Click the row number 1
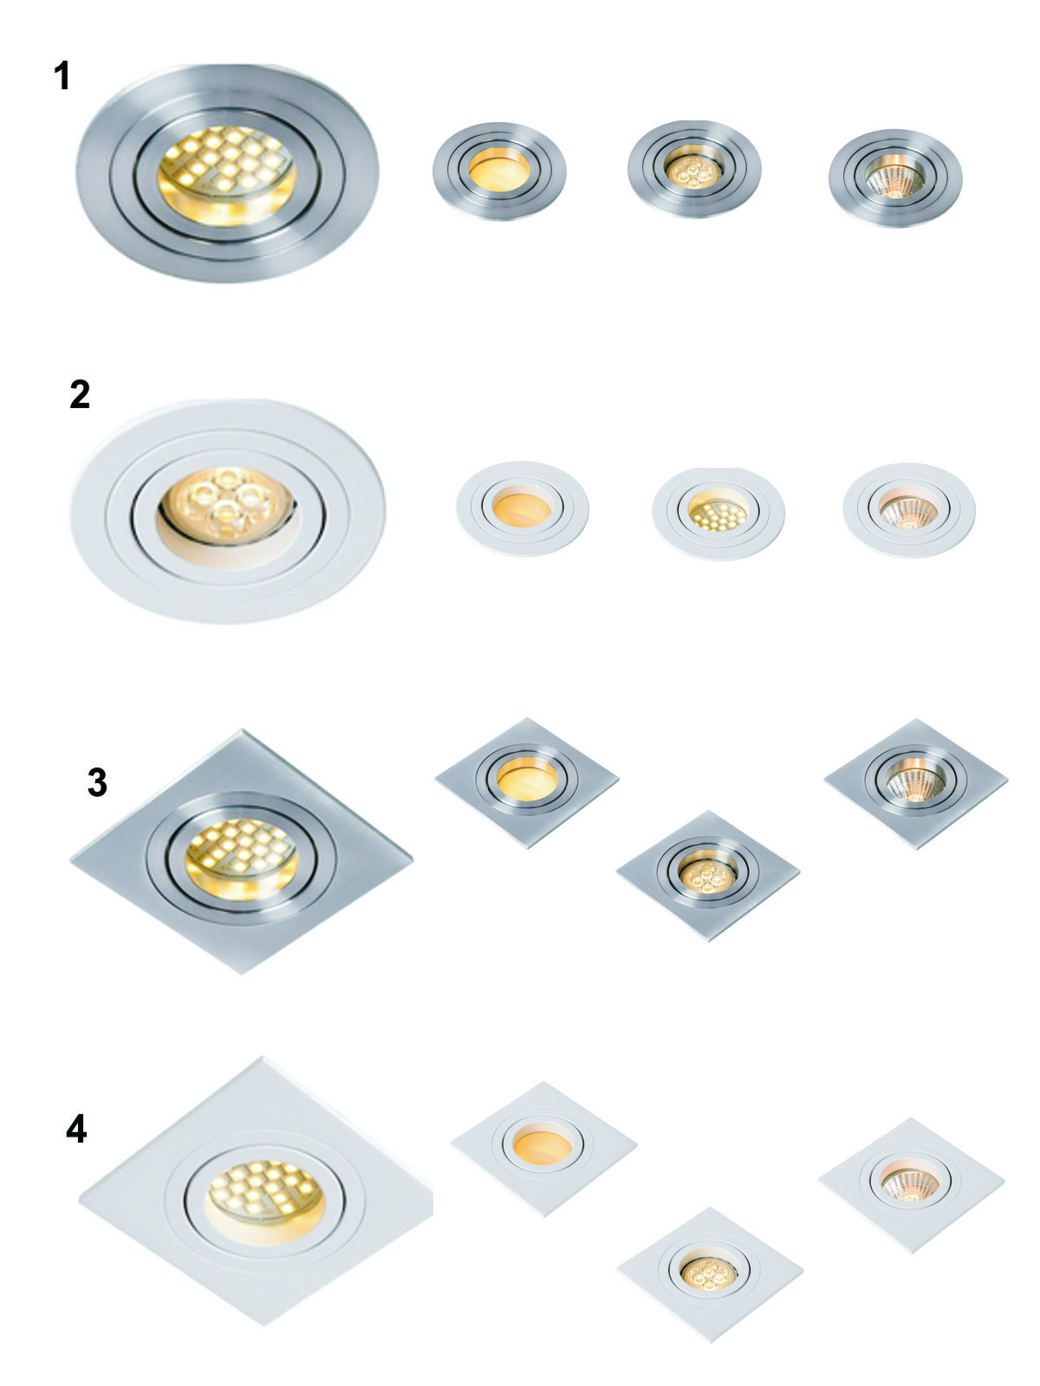tap(62, 75)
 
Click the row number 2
tap(80, 395)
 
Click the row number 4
tap(76, 1129)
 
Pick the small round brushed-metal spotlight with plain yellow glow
tap(499, 172)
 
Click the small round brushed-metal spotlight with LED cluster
tap(694, 169)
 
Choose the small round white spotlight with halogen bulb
tap(908, 510)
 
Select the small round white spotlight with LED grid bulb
tap(718, 514)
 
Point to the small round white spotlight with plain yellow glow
tap(523, 508)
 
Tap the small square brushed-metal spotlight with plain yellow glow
tap(527, 782)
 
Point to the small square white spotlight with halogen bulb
tap(911, 1184)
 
